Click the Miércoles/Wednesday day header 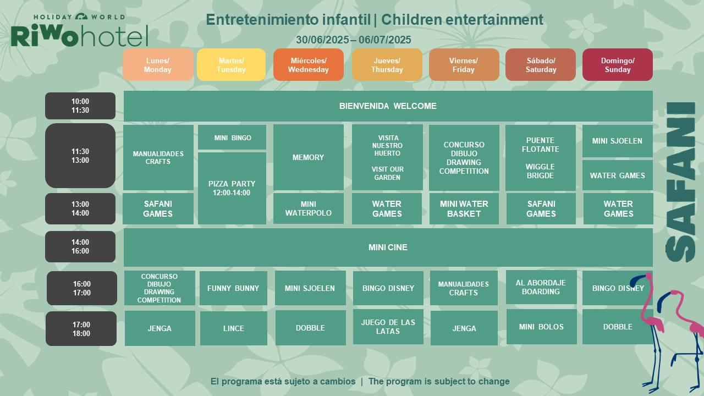[309, 65]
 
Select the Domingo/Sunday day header [618, 65]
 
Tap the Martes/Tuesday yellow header [232, 65]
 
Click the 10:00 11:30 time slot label [80, 106]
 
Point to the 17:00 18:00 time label [81, 329]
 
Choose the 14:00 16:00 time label [80, 247]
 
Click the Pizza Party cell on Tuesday [232, 188]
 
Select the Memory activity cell [309, 157]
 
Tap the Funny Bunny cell [233, 288]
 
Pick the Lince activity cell [234, 328]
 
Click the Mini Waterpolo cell [309, 208]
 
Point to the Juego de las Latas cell [388, 327]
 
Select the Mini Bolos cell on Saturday [542, 327]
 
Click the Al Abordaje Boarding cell [541, 287]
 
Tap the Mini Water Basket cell [464, 208]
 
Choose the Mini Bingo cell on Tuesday [232, 137]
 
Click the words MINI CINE [388, 248]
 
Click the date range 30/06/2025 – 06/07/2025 [354, 40]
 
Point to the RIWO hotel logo [79, 30]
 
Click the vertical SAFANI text [680, 182]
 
